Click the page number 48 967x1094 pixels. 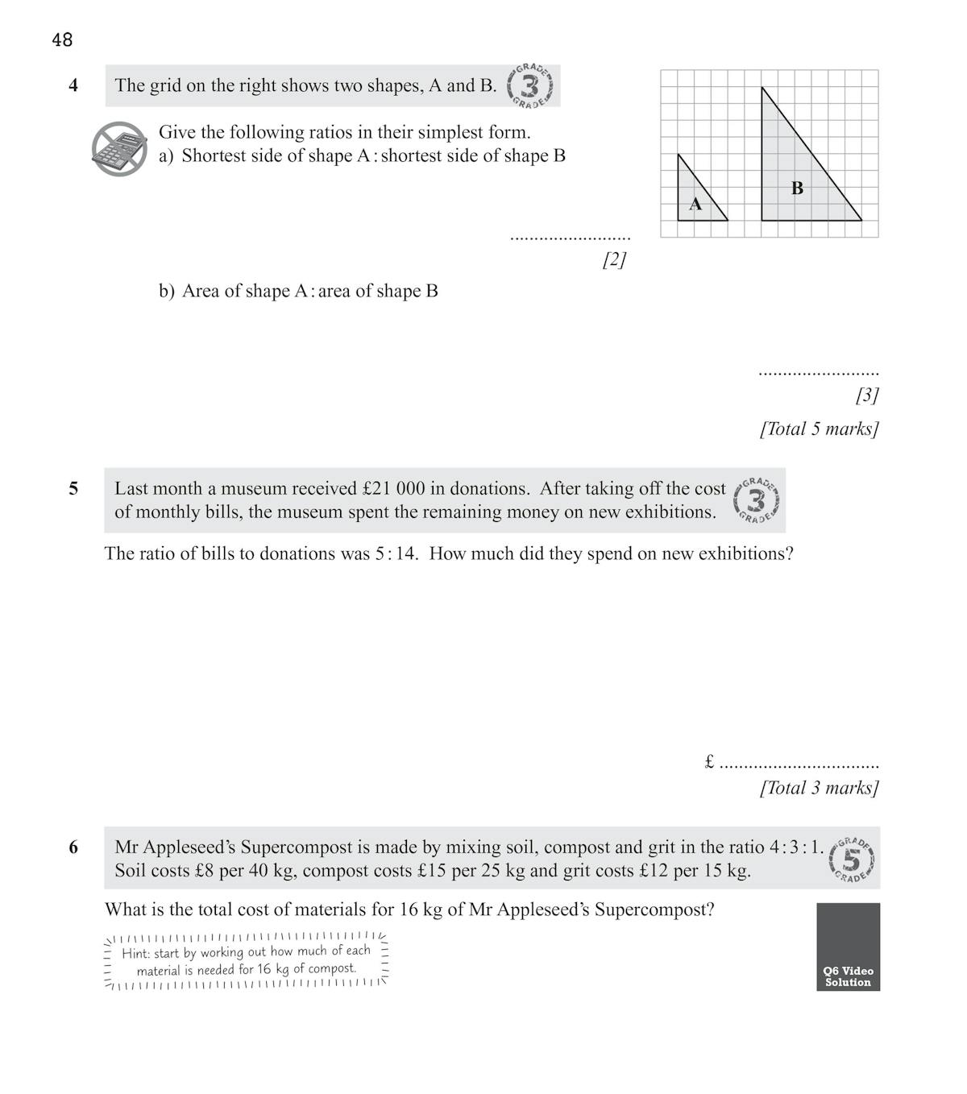[x=62, y=39]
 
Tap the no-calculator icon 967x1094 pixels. [x=119, y=149]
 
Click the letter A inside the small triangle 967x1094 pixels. [x=695, y=205]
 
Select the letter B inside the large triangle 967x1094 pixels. [x=797, y=189]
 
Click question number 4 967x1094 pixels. [x=73, y=85]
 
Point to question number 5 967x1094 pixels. [x=73, y=488]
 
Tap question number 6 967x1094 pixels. [x=73, y=847]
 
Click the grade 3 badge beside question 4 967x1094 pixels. [x=530, y=85]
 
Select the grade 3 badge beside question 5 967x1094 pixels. [x=757, y=500]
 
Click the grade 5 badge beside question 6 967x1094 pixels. [x=851, y=860]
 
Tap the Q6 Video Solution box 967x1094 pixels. [x=848, y=947]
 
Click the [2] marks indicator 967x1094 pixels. [x=614, y=259]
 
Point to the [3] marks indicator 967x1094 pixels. [x=867, y=395]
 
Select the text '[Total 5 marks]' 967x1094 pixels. [x=819, y=429]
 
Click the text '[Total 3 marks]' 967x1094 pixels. [x=819, y=788]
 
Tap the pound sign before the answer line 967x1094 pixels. [x=709, y=761]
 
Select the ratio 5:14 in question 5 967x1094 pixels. [x=396, y=554]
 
